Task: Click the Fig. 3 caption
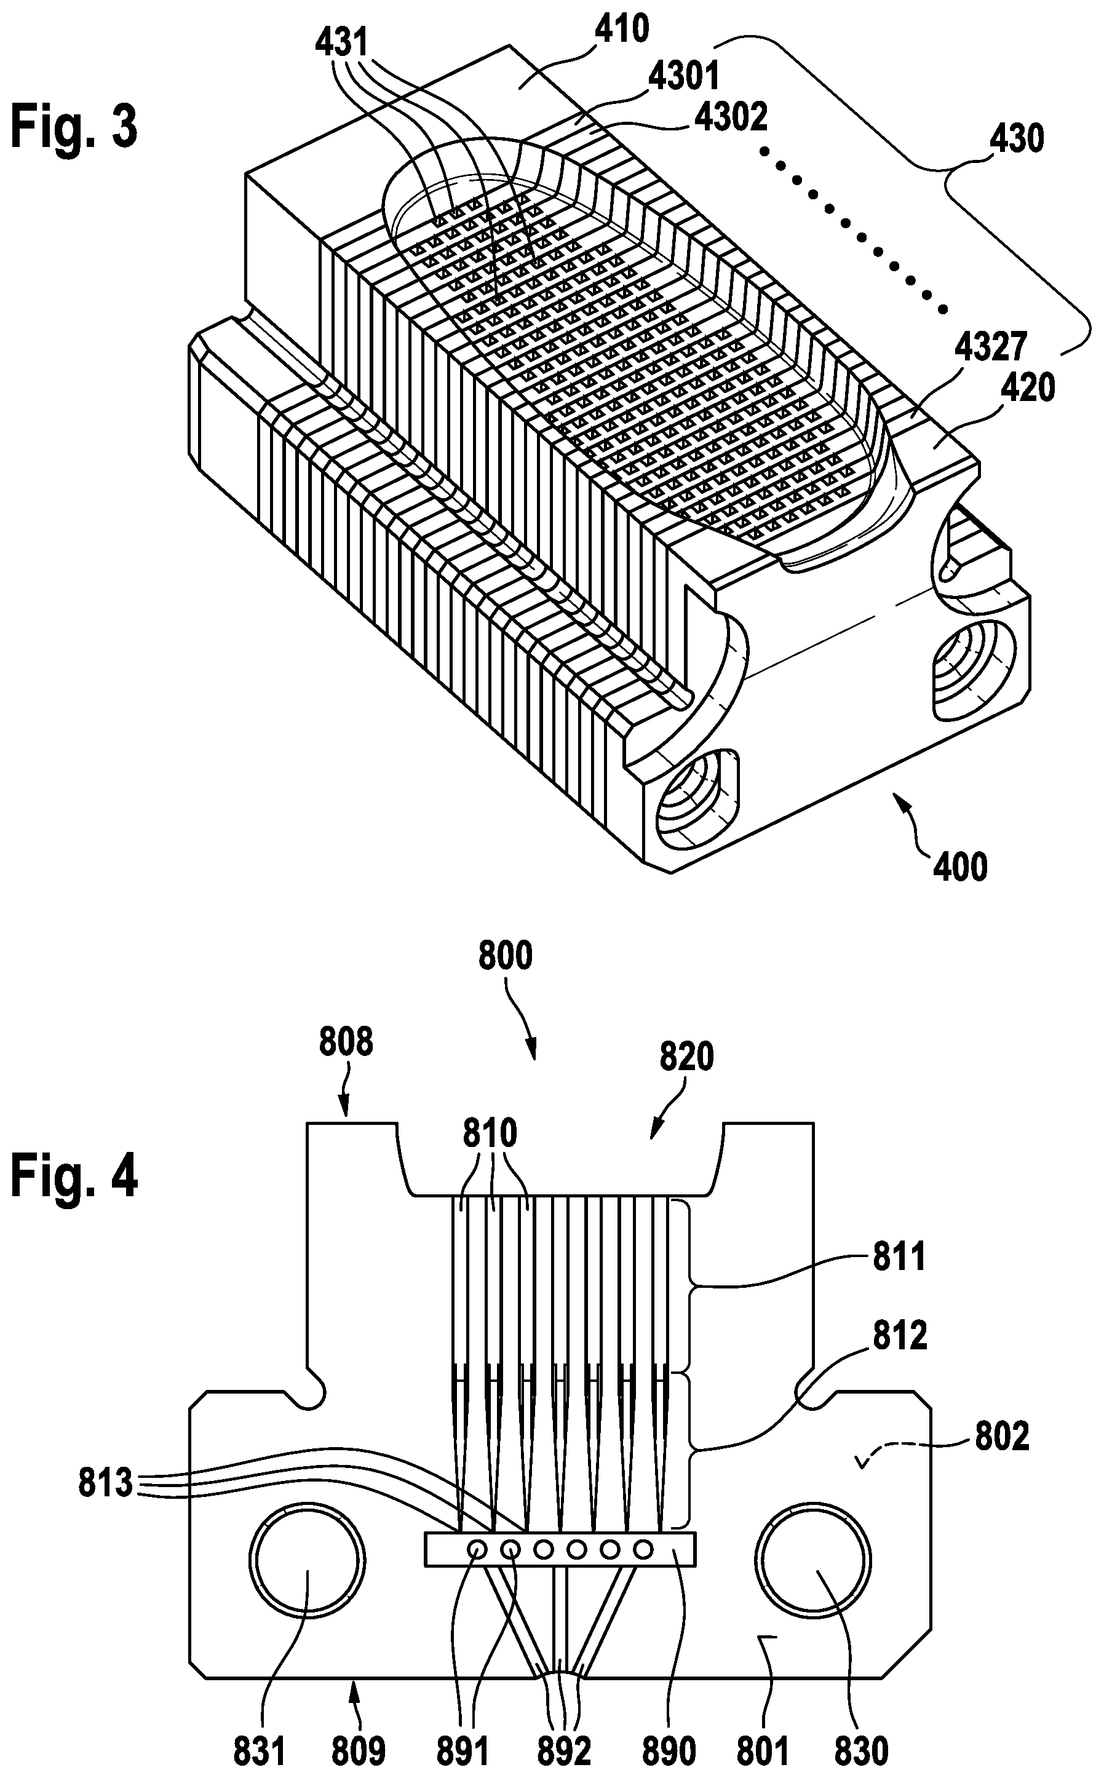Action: point(74,125)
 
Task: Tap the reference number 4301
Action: point(684,76)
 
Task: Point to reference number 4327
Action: point(990,347)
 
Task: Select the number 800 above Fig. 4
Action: point(506,956)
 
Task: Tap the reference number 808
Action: point(346,1042)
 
